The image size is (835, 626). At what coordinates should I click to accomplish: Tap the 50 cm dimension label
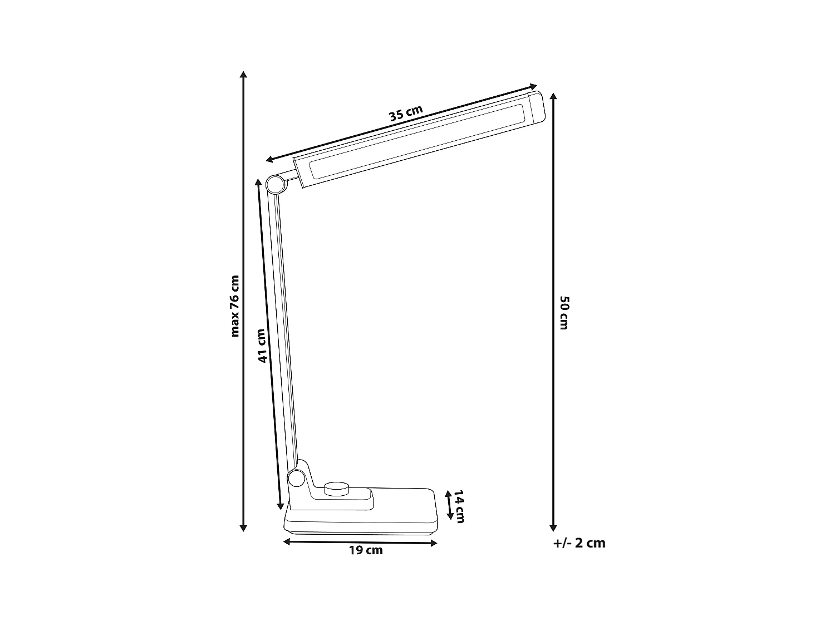(564, 313)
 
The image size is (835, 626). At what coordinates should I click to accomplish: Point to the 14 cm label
(459, 506)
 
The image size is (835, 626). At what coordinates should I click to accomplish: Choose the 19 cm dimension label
(366, 551)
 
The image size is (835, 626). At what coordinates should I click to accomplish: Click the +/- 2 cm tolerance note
(579, 543)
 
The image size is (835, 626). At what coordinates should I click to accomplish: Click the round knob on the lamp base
(336, 489)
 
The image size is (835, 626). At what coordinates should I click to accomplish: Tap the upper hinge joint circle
(274, 184)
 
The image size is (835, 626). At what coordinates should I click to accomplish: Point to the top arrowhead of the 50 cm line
(553, 96)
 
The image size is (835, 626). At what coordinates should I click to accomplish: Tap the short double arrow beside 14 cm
(449, 504)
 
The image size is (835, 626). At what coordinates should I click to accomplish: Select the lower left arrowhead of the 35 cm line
(269, 160)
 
